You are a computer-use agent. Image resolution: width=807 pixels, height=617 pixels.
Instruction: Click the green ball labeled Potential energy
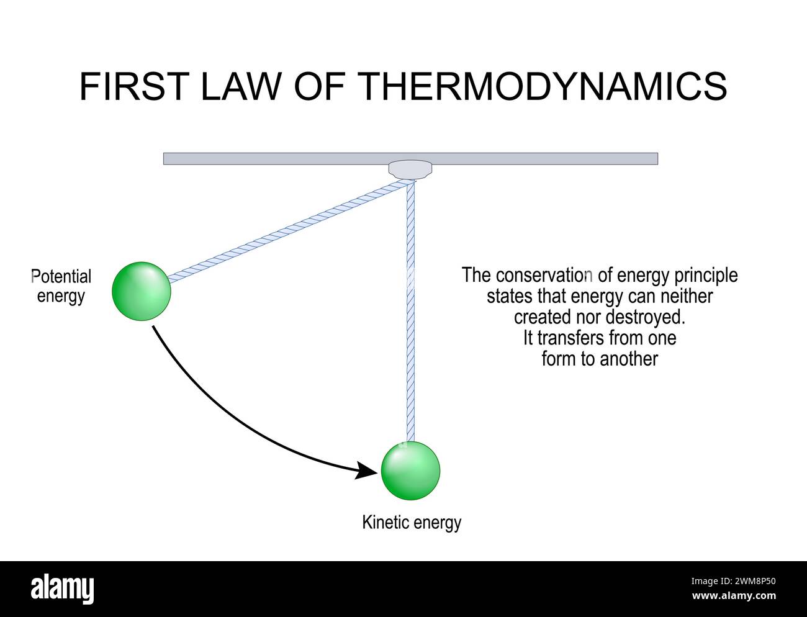(x=142, y=291)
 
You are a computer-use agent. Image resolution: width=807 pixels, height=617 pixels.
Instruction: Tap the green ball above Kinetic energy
(x=410, y=471)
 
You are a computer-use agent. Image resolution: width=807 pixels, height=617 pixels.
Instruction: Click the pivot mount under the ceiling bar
(x=410, y=169)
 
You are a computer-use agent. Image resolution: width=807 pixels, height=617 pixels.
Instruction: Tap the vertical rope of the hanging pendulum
(x=410, y=310)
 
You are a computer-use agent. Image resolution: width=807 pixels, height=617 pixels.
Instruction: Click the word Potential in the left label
(x=61, y=276)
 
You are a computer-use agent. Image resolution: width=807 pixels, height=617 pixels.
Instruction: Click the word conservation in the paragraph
(x=545, y=275)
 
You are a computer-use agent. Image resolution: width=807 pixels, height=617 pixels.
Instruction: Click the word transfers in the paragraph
(x=574, y=338)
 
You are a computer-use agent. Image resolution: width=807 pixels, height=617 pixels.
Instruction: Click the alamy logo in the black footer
(x=63, y=588)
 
